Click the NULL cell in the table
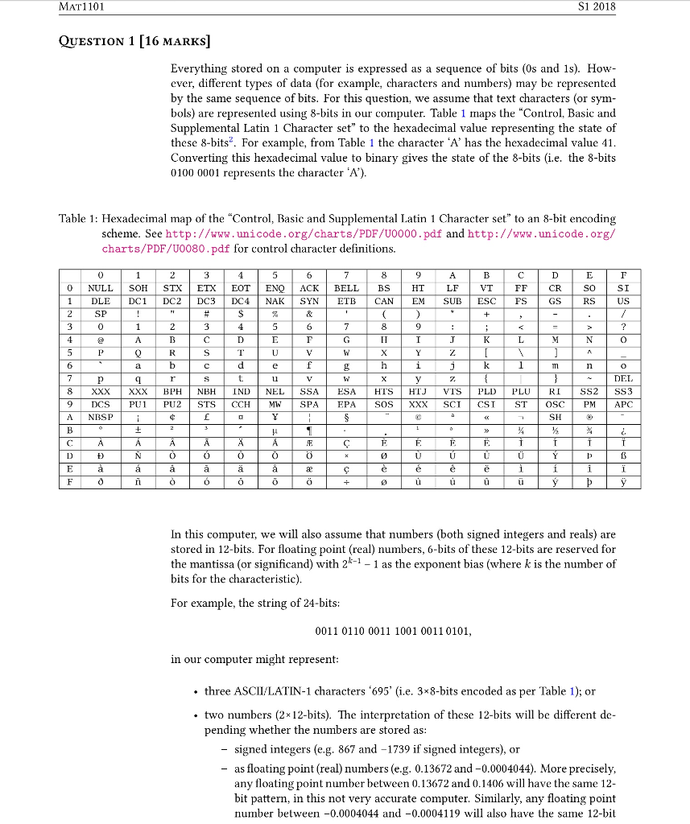[x=101, y=288]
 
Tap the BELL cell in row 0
[x=346, y=288]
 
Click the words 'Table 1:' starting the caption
[x=79, y=219]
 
